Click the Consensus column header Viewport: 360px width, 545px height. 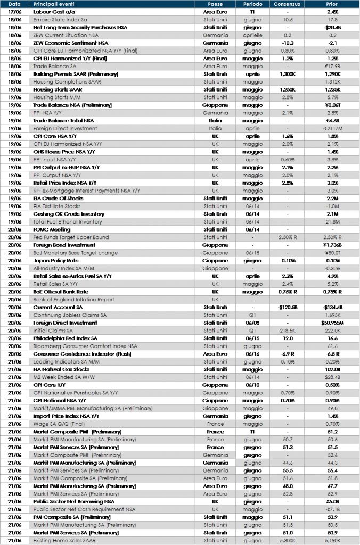click(287, 4)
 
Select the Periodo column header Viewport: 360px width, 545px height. click(252, 4)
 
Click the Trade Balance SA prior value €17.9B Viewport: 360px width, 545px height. click(332, 67)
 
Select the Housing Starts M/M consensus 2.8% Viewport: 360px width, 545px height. click(287, 97)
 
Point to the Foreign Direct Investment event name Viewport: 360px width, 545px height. click(65, 129)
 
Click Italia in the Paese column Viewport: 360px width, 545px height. click(215, 129)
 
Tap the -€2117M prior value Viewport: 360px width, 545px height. click(332, 129)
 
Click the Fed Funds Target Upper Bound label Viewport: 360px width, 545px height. click(71, 237)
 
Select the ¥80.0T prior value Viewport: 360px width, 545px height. click(332, 253)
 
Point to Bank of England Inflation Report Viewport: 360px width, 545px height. click(74, 300)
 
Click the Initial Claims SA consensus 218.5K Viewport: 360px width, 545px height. click(287, 331)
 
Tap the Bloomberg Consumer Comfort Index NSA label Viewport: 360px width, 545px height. click(85, 346)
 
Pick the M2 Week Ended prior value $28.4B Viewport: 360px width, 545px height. click(332, 377)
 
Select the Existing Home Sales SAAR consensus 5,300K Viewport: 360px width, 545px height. click(287, 541)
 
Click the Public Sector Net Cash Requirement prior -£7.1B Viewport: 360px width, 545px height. click(332, 509)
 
